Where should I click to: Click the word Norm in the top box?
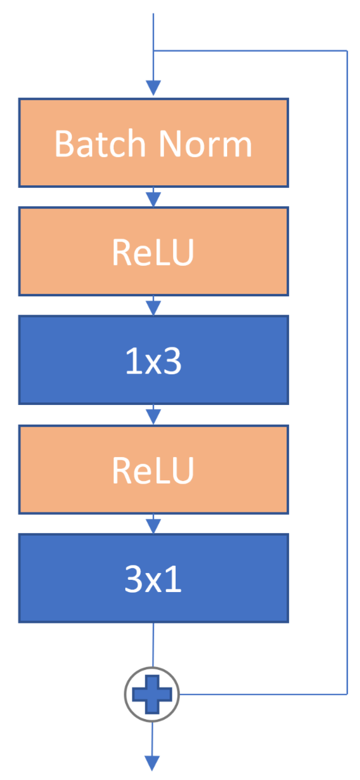click(205, 144)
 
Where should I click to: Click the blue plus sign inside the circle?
click(152, 694)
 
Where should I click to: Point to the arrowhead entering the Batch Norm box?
click(153, 87)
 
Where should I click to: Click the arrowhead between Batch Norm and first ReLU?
click(153, 198)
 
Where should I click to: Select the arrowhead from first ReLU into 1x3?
click(153, 307)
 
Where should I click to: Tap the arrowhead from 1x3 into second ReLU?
click(153, 416)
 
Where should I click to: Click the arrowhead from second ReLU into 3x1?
click(153, 525)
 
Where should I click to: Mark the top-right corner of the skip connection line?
click(347, 51)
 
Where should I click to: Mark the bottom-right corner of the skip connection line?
click(347, 694)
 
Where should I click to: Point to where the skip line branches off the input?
click(154, 51)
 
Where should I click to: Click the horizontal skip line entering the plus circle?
click(258, 694)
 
